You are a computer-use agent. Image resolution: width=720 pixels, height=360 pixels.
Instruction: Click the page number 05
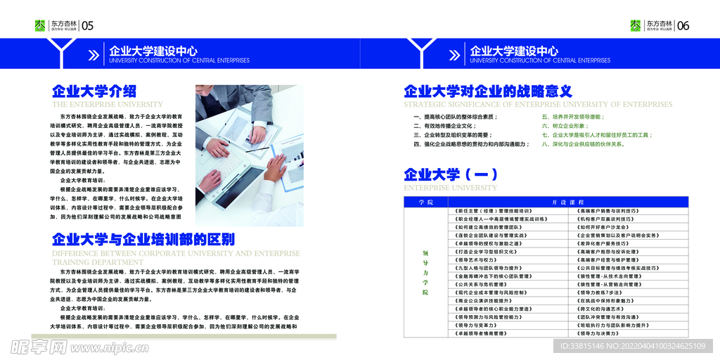(x=88, y=26)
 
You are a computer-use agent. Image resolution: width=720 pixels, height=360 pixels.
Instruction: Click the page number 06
(x=682, y=26)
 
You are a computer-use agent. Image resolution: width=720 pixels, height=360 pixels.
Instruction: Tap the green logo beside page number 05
(x=40, y=25)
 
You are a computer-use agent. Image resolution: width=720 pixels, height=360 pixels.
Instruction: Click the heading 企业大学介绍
(x=94, y=91)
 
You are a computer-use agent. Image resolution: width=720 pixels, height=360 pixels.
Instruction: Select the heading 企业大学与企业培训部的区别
(x=143, y=238)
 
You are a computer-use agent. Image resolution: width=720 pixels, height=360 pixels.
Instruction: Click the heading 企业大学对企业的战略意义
(x=488, y=91)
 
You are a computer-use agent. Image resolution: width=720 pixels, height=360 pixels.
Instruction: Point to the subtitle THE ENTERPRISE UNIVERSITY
(x=107, y=105)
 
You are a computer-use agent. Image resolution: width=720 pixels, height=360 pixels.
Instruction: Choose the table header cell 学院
(x=425, y=202)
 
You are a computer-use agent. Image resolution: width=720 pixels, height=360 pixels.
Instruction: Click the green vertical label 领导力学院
(x=425, y=271)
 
